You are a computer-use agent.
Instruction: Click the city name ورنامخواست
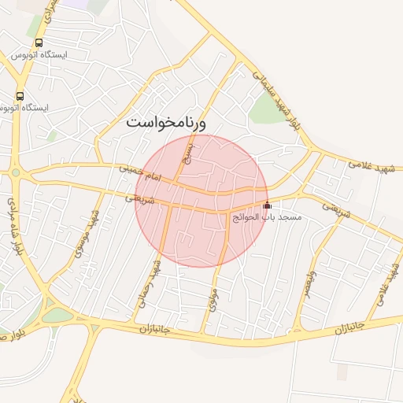[166, 123]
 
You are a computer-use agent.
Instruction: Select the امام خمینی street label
[139, 174]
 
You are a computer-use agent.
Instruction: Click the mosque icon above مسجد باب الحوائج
[266, 205]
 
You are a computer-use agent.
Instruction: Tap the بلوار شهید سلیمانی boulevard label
[275, 99]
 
